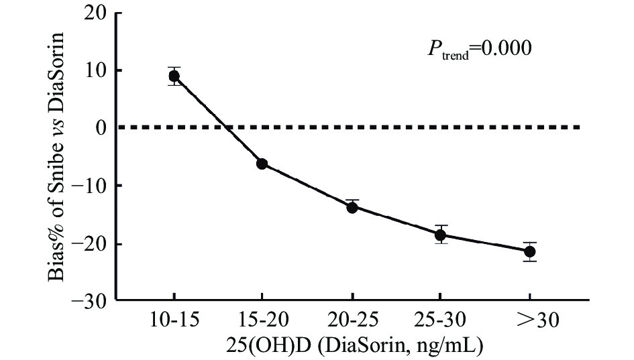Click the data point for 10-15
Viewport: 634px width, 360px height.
click(174, 76)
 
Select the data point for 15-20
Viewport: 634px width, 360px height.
click(262, 164)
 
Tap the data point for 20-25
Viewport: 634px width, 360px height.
click(352, 207)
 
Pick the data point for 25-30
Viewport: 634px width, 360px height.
click(440, 235)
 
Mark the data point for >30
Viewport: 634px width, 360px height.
click(529, 251)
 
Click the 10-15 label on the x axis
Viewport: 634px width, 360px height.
click(173, 322)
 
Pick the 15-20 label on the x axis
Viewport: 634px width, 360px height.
click(262, 322)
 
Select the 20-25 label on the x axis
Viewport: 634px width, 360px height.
click(352, 322)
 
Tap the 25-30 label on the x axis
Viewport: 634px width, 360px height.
click(440, 322)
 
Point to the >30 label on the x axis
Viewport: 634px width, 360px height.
click(529, 322)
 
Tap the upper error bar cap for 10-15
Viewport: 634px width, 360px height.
click(174, 67)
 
